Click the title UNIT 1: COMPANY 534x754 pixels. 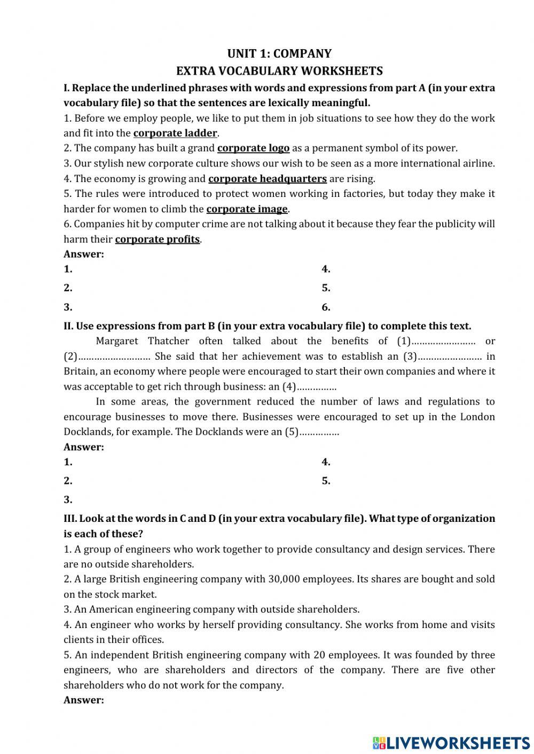pos(279,53)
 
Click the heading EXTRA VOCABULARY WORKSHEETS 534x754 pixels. pos(279,71)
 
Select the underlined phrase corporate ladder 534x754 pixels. pos(175,133)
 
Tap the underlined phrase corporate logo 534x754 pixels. pos(253,148)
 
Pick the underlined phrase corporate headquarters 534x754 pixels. pos(267,179)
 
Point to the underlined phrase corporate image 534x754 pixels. pos(247,209)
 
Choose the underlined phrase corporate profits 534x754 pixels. pos(157,240)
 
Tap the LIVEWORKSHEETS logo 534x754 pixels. pos(451,742)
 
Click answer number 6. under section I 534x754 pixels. pos(326,307)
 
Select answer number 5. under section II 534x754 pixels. pos(326,481)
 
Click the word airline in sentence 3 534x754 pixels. pos(478,163)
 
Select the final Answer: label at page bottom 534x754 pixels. pos(83,700)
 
